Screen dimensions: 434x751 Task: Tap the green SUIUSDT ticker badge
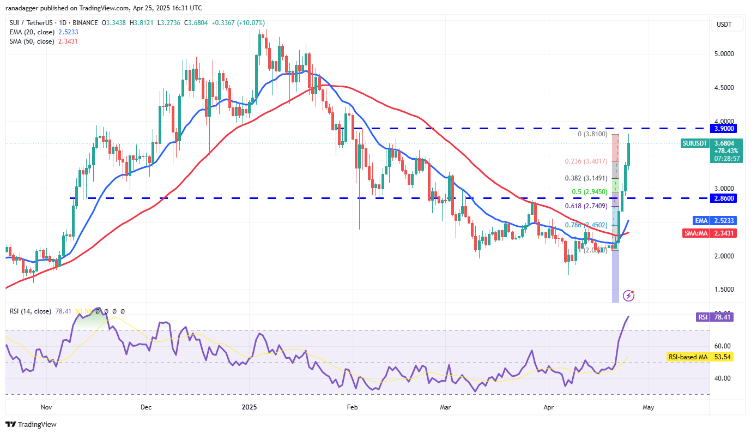coord(695,143)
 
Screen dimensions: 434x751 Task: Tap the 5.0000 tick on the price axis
coord(725,54)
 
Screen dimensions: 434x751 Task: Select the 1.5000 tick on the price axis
coord(725,290)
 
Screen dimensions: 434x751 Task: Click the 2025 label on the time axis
coord(249,407)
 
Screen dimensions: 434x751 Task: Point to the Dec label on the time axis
coord(146,407)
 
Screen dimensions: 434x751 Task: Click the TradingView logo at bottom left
coord(31,424)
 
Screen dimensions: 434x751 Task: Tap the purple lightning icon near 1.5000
coord(629,296)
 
